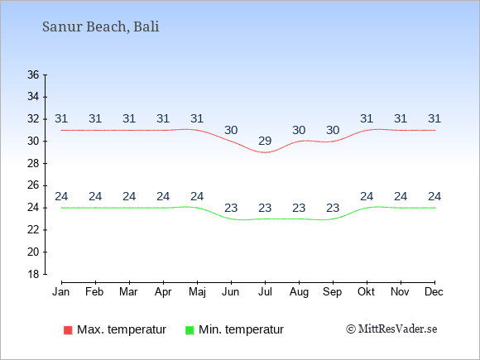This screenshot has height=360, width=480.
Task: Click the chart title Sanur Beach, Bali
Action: pyautogui.click(x=100, y=26)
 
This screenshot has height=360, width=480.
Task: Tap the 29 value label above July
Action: pyautogui.click(x=265, y=141)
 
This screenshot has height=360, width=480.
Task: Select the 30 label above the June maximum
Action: pyautogui.click(x=231, y=130)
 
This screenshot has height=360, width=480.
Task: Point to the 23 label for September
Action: pyautogui.click(x=333, y=208)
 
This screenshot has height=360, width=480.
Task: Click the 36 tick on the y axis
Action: pyautogui.click(x=33, y=74)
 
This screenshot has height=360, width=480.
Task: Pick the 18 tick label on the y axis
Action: pyautogui.click(x=33, y=274)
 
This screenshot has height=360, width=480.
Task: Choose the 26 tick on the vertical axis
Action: pyautogui.click(x=33, y=185)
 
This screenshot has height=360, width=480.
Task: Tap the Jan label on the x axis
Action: pyautogui.click(x=61, y=292)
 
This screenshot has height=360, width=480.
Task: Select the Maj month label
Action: pyautogui.click(x=197, y=292)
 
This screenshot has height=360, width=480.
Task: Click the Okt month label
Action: pyautogui.click(x=366, y=292)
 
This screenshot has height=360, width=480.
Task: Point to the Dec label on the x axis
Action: pyautogui.click(x=434, y=292)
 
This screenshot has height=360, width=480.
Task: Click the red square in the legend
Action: pyautogui.click(x=68, y=330)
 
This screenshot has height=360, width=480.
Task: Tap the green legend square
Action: pyautogui.click(x=190, y=330)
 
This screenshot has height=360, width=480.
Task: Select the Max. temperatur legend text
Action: pyautogui.click(x=122, y=329)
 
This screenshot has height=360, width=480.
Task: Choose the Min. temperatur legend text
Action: pyautogui.click(x=241, y=329)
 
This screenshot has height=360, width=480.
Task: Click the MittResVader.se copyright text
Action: pyautogui.click(x=391, y=329)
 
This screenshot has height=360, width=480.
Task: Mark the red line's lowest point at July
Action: pyautogui.click(x=265, y=152)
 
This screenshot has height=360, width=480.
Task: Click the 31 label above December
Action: pyautogui.click(x=434, y=118)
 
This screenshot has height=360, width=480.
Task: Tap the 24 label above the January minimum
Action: pyautogui.click(x=61, y=196)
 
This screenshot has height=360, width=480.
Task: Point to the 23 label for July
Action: pyautogui.click(x=265, y=208)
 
